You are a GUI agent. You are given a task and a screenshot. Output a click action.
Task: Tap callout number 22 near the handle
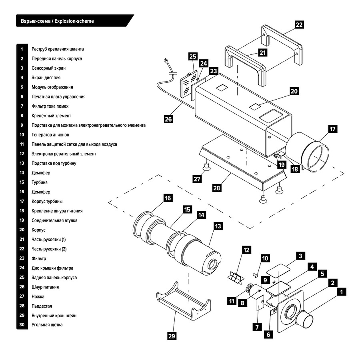(x=299, y=24)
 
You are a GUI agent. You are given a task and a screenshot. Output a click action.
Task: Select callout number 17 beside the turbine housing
(x=332, y=129)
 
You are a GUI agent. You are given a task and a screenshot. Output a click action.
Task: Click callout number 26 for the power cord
(x=168, y=118)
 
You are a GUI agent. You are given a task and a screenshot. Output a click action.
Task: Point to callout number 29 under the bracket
(x=172, y=336)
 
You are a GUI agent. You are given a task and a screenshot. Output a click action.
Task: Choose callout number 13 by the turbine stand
(x=218, y=226)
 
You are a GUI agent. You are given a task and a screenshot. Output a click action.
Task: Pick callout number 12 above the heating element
(x=246, y=250)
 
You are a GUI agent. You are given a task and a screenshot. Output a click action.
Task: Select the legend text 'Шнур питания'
(x=45, y=287)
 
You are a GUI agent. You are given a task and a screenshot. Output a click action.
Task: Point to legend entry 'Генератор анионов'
(x=50, y=135)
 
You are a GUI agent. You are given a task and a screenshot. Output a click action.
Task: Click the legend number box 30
(x=22, y=325)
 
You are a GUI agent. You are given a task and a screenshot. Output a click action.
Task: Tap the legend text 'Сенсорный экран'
(x=48, y=68)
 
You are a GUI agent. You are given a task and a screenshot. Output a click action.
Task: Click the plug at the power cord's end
(x=165, y=62)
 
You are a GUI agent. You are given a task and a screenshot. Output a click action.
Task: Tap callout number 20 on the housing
(x=294, y=91)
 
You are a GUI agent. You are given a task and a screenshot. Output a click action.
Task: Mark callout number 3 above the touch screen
(x=301, y=255)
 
